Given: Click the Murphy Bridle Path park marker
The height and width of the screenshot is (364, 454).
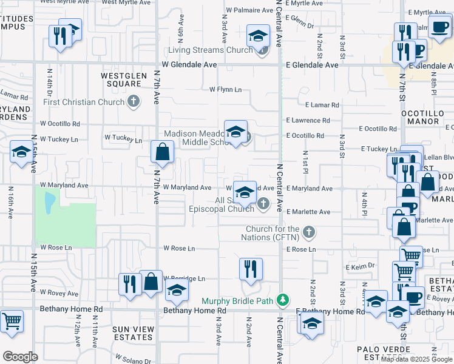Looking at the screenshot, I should click(282, 300).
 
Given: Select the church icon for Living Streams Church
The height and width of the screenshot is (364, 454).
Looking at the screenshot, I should click(262, 50).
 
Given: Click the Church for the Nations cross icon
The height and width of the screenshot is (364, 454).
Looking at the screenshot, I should click(309, 232).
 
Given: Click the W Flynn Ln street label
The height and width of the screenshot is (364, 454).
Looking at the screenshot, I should click(225, 90).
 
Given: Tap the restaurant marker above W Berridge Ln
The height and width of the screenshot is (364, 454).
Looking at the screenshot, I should click(251, 268).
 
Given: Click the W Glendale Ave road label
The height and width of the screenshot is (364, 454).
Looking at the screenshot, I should click(189, 64).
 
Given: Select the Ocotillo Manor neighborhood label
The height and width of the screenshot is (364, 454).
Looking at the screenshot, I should click(420, 118).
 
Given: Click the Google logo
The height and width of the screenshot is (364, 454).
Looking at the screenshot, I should click(20, 357).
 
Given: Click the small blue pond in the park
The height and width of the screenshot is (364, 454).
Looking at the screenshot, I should click(48, 198).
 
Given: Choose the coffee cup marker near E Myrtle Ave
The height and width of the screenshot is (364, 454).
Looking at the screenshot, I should click(439, 26).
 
